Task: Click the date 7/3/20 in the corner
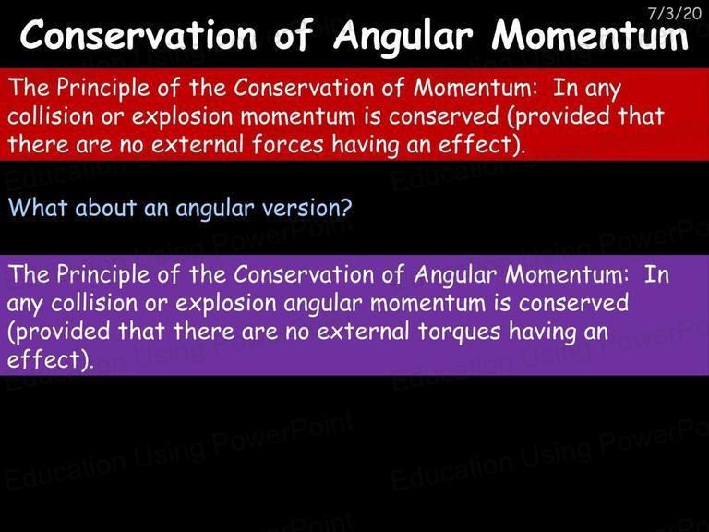[674, 13]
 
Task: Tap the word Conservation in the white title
[138, 35]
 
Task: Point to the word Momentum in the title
[590, 35]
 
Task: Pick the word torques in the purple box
[459, 332]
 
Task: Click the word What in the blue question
[38, 207]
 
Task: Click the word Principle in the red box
[102, 89]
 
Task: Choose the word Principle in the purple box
[102, 275]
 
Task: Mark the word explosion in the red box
[182, 117]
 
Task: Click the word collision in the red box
[50, 115]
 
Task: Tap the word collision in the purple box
[93, 303]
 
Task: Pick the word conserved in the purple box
[573, 303]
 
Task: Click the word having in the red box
[365, 146]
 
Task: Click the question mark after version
[346, 208]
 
